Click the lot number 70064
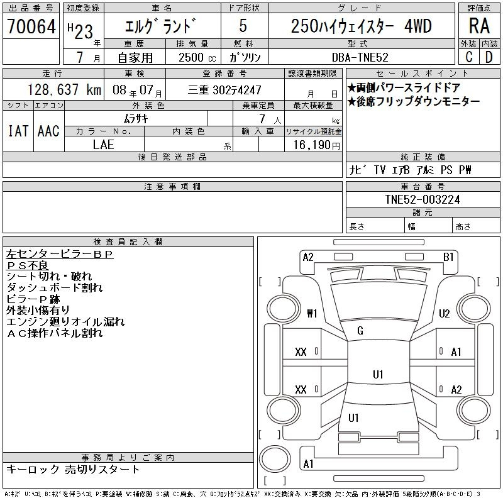coord(31,26)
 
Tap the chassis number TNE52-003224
coord(423,199)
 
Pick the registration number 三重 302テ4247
coord(225,90)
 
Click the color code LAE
coord(104,144)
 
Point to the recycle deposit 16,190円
coord(314,144)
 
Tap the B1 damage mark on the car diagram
coord(448,257)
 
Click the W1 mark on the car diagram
coord(312,313)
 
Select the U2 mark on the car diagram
coord(444,313)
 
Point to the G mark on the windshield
coord(360,331)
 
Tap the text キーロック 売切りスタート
coord(73,469)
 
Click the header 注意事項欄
coord(172,187)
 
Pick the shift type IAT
coord(18,130)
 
